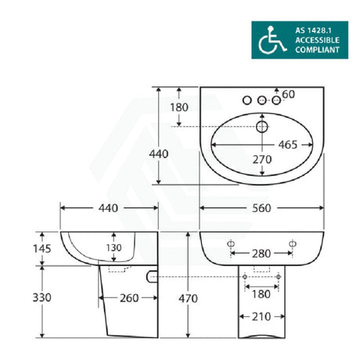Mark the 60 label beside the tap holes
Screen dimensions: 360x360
click(288, 95)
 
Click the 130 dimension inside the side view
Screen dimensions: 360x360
click(114, 247)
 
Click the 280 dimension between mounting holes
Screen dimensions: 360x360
click(262, 254)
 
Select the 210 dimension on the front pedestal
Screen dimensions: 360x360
click(261, 317)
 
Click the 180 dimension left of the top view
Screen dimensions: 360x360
click(167, 107)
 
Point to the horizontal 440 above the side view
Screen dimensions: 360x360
click(110, 208)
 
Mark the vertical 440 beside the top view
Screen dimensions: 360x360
click(159, 154)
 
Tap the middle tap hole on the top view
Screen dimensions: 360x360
click(261, 99)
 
